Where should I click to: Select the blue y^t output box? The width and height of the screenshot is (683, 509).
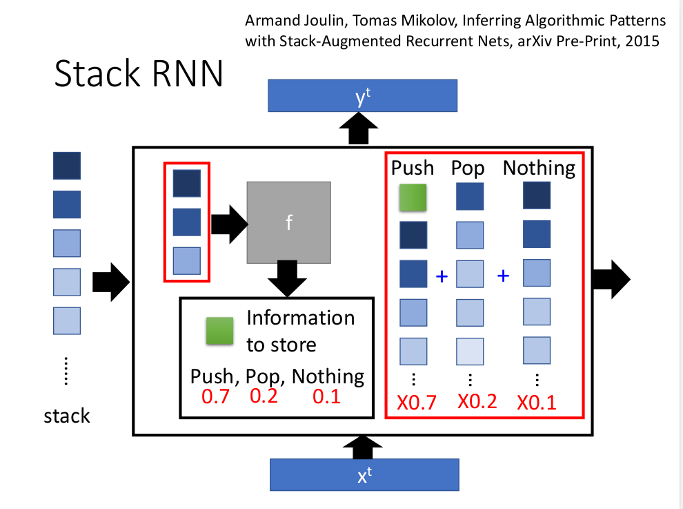[362, 95]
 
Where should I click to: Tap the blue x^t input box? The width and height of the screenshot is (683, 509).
[364, 475]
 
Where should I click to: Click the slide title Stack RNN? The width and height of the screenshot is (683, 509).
[139, 74]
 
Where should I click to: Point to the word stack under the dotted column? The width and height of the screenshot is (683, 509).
[67, 416]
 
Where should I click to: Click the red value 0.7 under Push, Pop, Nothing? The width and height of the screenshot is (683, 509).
[215, 397]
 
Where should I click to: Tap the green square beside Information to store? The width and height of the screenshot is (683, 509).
[219, 331]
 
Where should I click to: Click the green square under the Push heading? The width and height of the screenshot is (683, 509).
[413, 198]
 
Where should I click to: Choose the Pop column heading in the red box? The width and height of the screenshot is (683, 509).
[468, 168]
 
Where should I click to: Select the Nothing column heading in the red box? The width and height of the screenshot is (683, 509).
[539, 168]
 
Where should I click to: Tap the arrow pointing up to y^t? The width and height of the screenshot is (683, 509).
[359, 129]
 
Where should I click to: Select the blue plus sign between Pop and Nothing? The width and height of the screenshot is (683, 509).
[504, 276]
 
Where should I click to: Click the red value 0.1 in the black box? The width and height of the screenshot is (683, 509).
[326, 397]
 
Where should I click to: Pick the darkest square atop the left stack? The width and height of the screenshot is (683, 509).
[67, 166]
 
